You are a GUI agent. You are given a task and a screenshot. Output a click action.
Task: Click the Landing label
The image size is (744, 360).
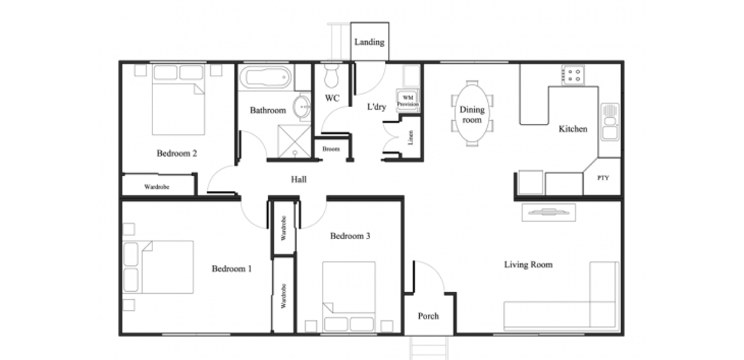coord(370,42)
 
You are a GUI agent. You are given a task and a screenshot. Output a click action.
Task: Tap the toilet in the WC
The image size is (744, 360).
coord(332,76)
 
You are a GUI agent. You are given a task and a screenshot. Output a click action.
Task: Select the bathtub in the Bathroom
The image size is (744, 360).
coord(265,77)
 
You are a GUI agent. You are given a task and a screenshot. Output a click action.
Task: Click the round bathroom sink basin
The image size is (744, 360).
coord(301,107)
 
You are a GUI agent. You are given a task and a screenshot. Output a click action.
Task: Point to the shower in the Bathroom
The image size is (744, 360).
coord(294,141)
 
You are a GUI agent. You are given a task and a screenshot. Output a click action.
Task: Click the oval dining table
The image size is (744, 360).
coord(472,113)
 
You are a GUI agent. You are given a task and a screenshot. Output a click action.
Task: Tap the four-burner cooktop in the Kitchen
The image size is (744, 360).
coord(573,75)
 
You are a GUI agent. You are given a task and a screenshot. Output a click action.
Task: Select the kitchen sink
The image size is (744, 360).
coord(610,122)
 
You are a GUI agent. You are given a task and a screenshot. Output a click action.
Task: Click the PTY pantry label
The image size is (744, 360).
coord(603,178)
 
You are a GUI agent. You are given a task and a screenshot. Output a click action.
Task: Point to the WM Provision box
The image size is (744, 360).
coord(408,101)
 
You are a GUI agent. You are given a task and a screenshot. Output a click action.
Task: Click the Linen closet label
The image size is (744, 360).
coord(410,138)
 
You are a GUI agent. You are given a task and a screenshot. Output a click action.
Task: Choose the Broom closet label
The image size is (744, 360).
coord(331,149)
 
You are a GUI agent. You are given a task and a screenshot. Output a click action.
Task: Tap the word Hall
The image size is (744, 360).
coord(299,180)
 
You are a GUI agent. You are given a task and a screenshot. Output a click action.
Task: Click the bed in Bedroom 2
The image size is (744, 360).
coord(178,100)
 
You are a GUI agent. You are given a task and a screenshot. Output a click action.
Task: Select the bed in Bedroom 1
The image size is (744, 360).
coord(158,267)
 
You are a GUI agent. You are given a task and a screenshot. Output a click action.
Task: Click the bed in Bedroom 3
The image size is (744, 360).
coord(348,297)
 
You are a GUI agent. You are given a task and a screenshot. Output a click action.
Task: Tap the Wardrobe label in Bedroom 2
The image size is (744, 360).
coord(157,187)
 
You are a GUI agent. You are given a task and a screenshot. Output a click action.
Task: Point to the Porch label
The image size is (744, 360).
coord(428,316)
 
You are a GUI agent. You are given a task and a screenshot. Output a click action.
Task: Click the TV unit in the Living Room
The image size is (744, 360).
coord(549,213)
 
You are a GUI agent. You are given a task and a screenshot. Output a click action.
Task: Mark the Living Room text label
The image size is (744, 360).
coord(528,265)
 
